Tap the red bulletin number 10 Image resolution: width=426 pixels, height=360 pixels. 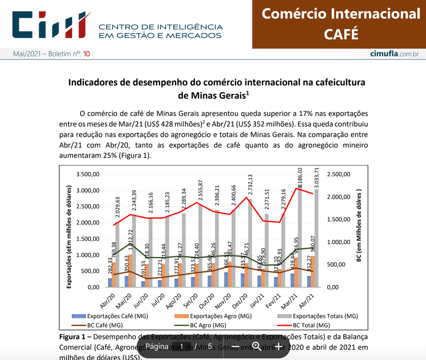click(x=87, y=54)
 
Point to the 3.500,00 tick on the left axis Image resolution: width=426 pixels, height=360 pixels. click(x=88, y=174)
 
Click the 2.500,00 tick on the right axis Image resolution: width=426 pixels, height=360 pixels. click(x=339, y=174)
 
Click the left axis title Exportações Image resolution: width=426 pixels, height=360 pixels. click(x=70, y=237)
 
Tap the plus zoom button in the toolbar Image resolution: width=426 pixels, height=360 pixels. click(x=278, y=347)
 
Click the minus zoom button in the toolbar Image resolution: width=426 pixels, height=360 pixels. click(x=235, y=347)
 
